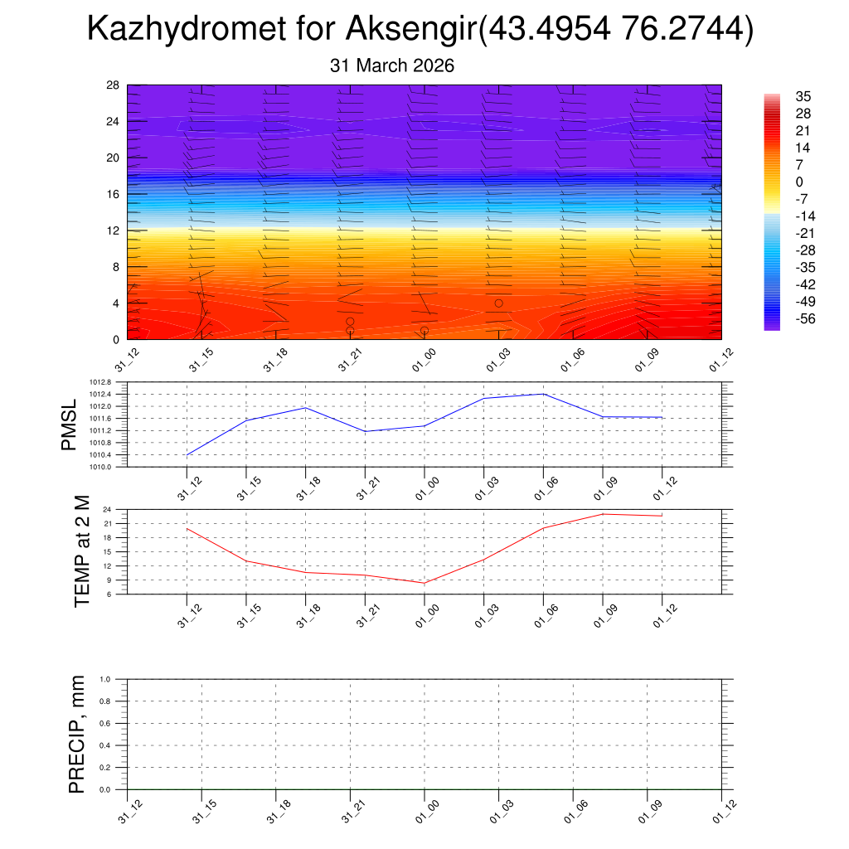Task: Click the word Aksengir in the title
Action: tap(410, 32)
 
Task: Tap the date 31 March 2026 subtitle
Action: tap(392, 65)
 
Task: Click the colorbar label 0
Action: tap(799, 182)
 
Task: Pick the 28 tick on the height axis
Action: tap(113, 85)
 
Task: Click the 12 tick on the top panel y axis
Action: tap(113, 230)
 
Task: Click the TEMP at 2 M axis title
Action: tap(81, 551)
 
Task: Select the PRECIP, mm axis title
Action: tap(77, 734)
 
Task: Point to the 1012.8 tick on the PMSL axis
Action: tap(112, 382)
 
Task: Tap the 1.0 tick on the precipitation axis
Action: tap(117, 679)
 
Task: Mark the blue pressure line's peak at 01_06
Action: tap(543, 394)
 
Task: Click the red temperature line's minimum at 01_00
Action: tap(424, 583)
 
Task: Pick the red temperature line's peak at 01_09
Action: tap(603, 514)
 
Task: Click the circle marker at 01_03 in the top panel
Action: tap(498, 303)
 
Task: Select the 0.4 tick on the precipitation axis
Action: tap(117, 745)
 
